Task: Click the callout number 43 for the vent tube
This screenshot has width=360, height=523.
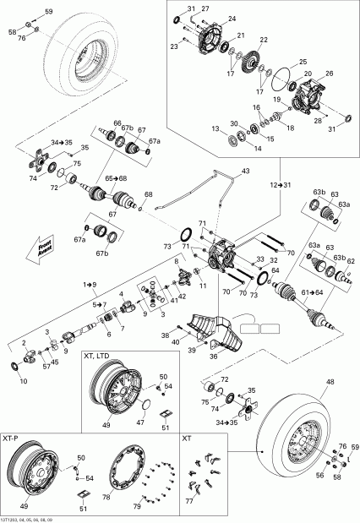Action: coord(246,172)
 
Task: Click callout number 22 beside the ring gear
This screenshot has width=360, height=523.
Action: coord(265,40)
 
